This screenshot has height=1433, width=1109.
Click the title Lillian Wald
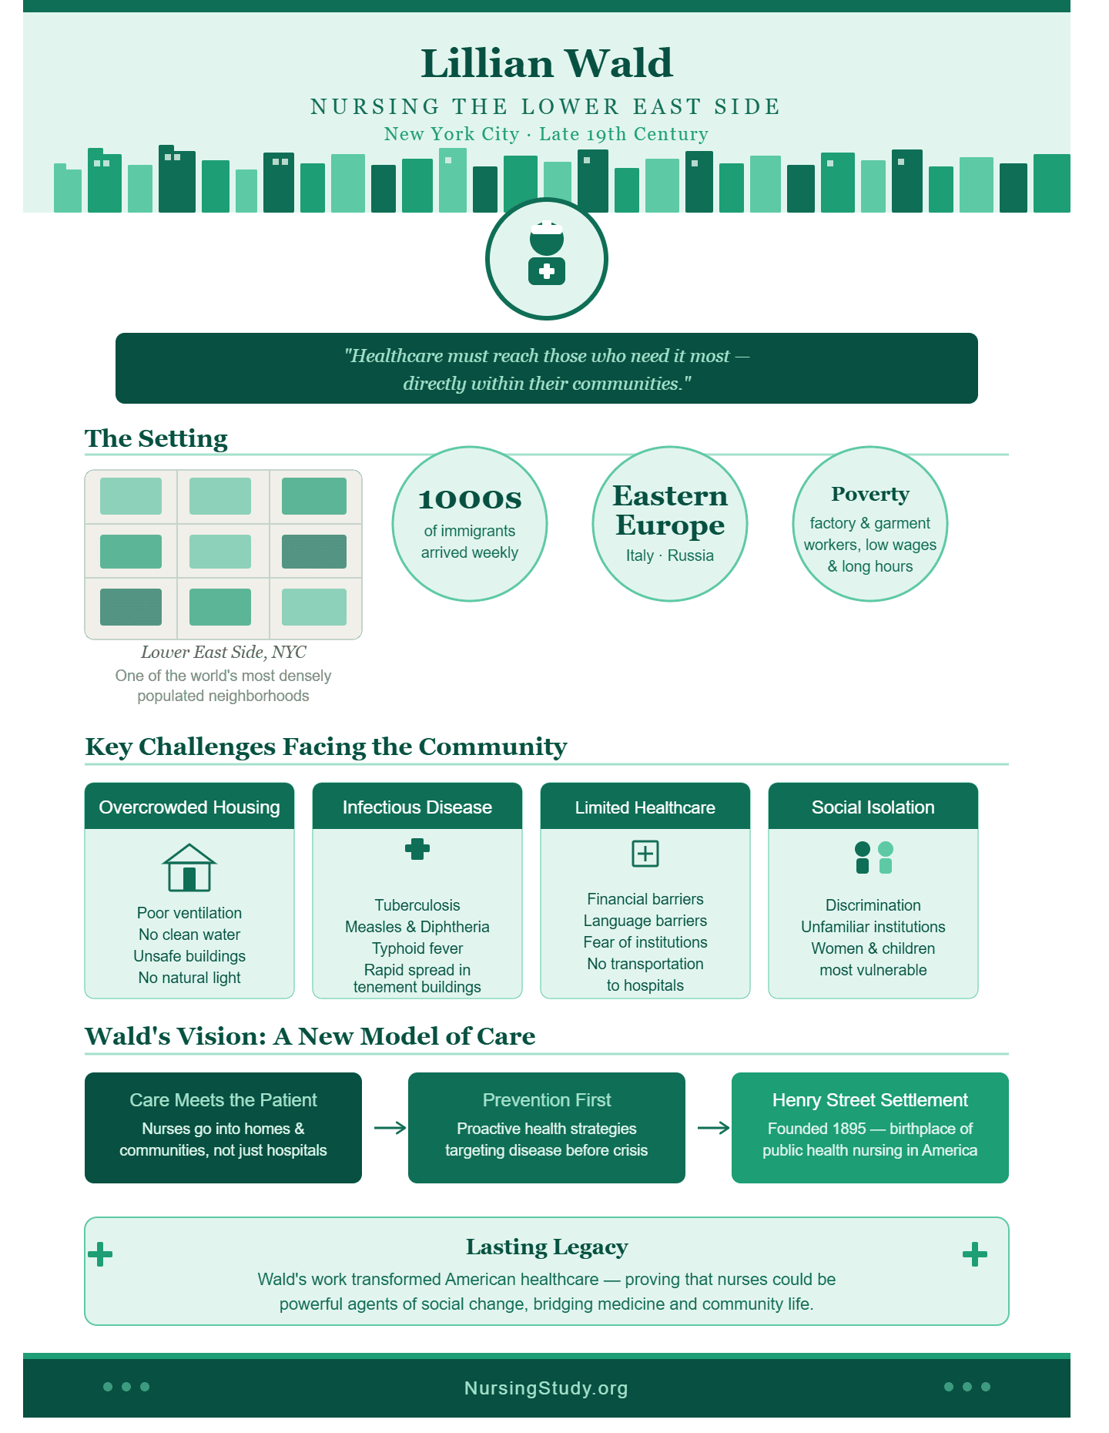(x=547, y=63)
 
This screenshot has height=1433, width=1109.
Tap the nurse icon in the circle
(x=547, y=254)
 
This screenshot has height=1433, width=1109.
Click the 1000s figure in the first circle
(x=470, y=499)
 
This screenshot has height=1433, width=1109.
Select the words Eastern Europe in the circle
(x=670, y=510)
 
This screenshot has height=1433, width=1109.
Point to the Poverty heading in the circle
(x=870, y=494)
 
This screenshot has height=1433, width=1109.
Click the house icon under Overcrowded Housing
(x=189, y=868)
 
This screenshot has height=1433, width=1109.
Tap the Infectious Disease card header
(x=417, y=807)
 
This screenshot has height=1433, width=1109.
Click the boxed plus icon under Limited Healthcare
(x=645, y=854)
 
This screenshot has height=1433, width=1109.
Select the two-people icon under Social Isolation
(x=873, y=857)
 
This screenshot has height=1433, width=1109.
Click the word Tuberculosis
(x=417, y=905)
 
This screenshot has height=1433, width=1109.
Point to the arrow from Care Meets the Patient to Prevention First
(x=390, y=1128)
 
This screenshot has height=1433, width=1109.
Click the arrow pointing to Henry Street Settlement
(x=714, y=1128)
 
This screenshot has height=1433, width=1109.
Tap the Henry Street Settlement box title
(x=870, y=1100)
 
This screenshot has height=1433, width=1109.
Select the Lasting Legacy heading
(x=547, y=1247)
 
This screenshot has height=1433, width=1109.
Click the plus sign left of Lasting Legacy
(x=100, y=1254)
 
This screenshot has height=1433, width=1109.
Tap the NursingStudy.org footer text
(x=547, y=1388)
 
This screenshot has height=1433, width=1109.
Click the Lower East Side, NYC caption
(x=223, y=652)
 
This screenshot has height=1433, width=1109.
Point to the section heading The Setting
(x=156, y=438)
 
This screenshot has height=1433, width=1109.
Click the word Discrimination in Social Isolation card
(x=873, y=905)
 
